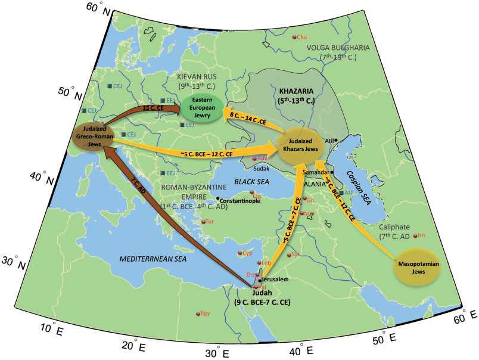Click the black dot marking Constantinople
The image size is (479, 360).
click(218, 198)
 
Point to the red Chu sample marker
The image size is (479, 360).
click(294, 38)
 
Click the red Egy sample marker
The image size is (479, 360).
click(198, 314)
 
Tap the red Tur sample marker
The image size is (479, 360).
click(204, 222)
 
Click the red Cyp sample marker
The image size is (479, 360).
click(241, 253)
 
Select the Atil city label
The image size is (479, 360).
click(330, 141)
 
